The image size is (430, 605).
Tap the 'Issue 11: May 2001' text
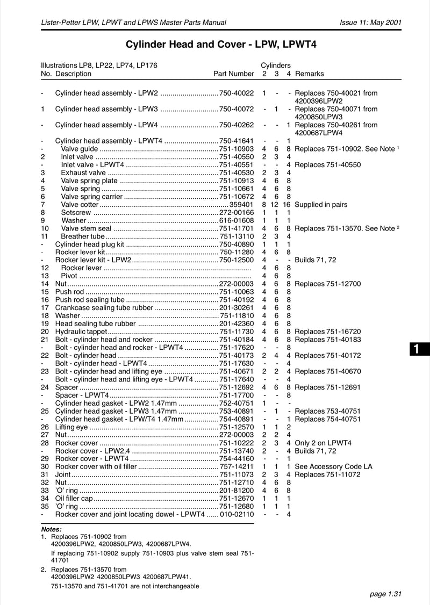371,22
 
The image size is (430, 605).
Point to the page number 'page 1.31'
386,594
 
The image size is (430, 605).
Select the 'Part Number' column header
233,74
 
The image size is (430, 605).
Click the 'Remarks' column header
310,74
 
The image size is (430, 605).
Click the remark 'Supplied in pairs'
321,205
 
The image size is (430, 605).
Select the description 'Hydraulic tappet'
81,332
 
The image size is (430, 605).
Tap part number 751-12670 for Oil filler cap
236,498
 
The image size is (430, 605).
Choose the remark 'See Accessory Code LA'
333,466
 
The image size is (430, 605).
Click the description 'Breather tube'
83,236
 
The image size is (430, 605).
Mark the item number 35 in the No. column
45,506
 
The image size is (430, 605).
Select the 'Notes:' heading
51,529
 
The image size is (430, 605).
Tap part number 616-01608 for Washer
236,220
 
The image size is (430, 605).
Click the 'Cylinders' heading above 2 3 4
276,65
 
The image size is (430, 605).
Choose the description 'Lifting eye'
71,427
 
